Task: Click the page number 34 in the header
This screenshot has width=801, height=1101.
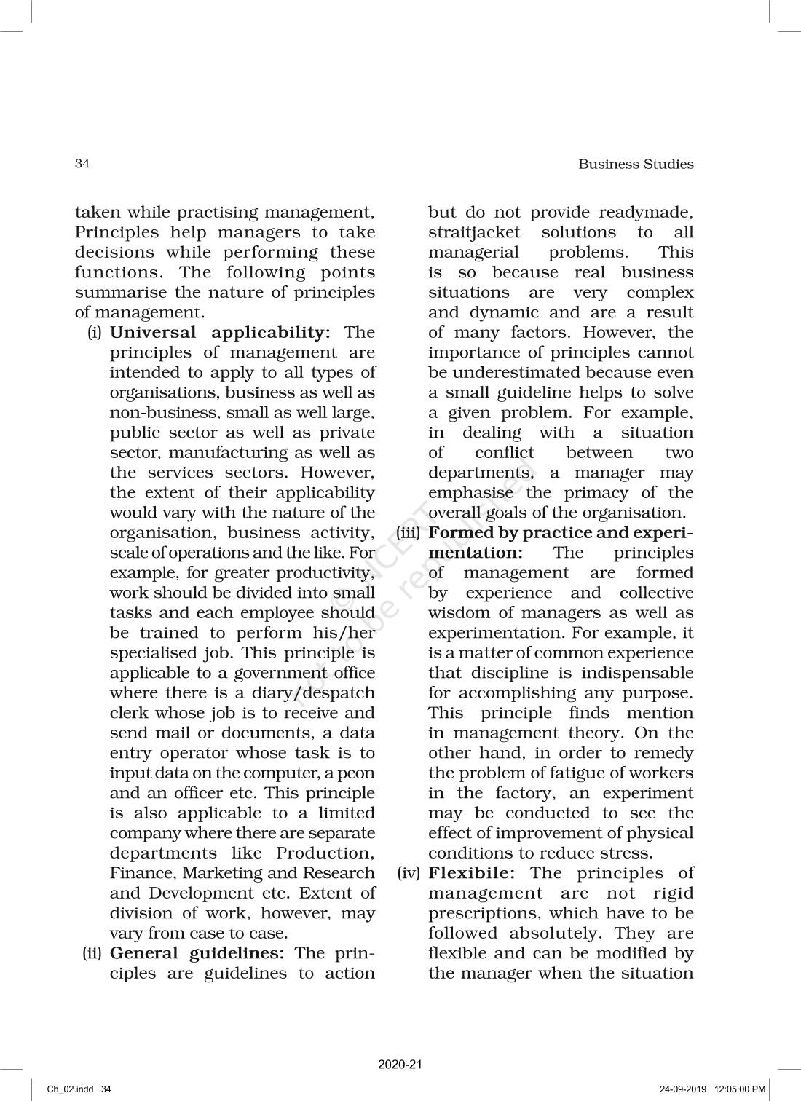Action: click(x=82, y=164)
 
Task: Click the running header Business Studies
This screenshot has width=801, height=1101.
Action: click(x=636, y=165)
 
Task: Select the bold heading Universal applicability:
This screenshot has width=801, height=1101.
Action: click(x=220, y=333)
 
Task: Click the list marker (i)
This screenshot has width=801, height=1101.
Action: click(x=95, y=333)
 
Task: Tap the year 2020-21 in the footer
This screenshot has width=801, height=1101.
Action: click(x=400, y=1065)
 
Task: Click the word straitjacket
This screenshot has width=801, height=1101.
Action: click(x=474, y=233)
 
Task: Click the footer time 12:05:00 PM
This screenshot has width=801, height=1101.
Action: click(x=739, y=1089)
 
